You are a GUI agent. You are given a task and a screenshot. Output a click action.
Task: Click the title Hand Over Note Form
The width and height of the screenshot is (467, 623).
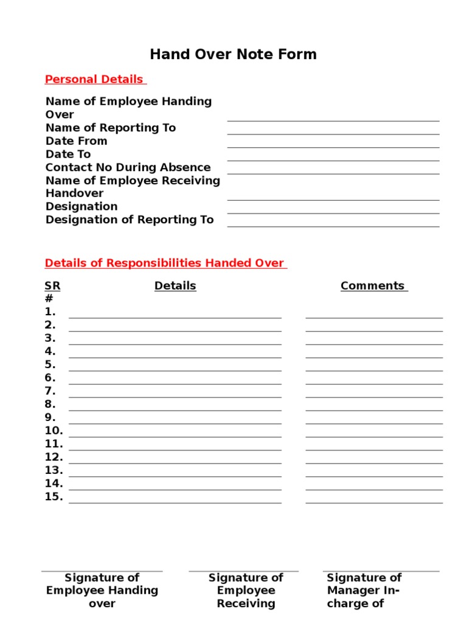[x=233, y=54]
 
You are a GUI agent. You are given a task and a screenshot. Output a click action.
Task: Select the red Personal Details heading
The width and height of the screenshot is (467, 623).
[x=95, y=79]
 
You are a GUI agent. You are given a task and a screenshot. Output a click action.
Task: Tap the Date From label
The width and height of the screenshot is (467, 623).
[x=77, y=141]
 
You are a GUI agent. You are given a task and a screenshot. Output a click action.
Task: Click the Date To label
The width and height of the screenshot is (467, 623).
[x=68, y=155]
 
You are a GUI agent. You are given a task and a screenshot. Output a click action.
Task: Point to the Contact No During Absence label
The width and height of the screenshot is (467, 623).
[x=128, y=167]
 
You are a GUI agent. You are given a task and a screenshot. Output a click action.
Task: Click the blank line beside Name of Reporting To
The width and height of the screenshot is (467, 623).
[x=333, y=133]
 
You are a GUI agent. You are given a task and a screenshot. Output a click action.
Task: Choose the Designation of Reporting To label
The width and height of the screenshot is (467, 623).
[x=130, y=220]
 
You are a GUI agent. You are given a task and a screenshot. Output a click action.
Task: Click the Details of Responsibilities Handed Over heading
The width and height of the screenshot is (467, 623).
[x=165, y=263]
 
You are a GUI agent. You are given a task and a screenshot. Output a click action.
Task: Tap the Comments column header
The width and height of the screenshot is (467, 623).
[x=373, y=286]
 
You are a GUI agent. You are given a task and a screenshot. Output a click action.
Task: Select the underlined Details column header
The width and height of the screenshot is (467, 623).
[x=175, y=286]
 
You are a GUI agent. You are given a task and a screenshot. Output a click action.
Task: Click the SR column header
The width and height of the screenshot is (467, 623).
[x=53, y=286]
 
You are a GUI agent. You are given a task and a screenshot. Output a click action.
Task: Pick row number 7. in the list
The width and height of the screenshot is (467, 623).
[x=50, y=391]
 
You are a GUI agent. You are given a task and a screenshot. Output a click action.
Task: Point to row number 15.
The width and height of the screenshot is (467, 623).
[x=54, y=497]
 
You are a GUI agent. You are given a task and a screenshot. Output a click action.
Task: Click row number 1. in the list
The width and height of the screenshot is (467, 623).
[x=50, y=312]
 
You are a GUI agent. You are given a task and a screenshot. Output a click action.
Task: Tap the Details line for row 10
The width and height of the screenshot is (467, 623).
[x=175, y=436]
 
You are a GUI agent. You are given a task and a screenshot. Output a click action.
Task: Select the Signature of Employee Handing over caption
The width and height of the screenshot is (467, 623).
[x=102, y=590]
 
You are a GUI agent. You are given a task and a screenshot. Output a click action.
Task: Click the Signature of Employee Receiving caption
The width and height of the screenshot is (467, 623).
[x=246, y=590]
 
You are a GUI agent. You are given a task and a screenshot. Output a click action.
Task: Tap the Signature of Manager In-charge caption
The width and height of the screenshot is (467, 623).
[x=364, y=590]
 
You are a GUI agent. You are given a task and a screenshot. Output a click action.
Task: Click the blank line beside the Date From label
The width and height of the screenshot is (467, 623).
[x=333, y=146]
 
